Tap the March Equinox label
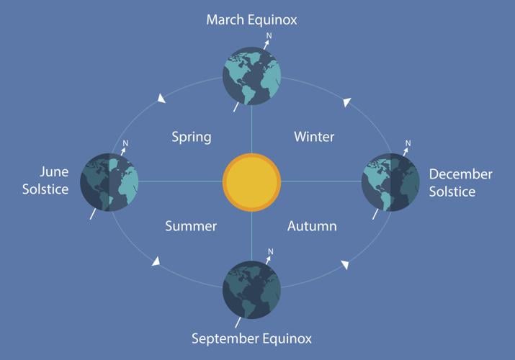tap(251, 19)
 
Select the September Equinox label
tap(251, 338)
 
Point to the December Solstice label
tap(460, 183)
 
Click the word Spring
tap(192, 136)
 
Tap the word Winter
tap(314, 136)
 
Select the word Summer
tap(191, 226)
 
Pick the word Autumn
tap(312, 226)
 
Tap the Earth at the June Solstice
tap(109, 181)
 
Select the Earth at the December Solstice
tap(391, 181)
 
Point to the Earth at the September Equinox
tap(251, 289)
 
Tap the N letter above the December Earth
tap(408, 143)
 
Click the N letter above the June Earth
tap(125, 143)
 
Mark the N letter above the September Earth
tap(270, 251)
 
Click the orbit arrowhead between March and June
tap(161, 99)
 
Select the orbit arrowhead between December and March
tap(346, 102)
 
